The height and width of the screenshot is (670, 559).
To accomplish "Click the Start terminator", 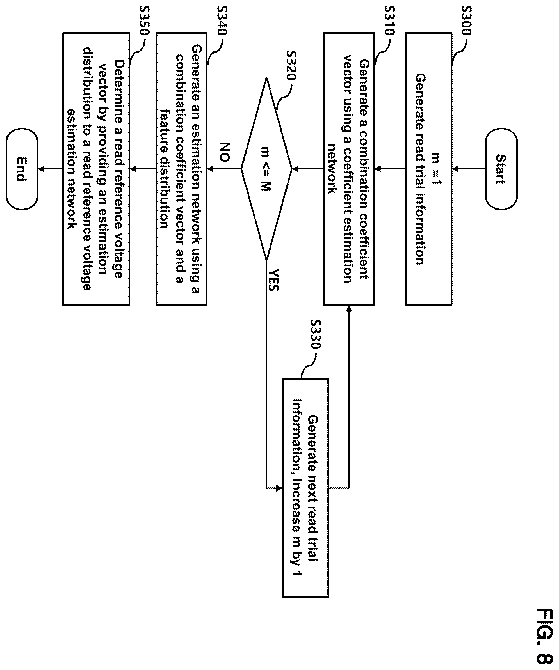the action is tap(501, 169).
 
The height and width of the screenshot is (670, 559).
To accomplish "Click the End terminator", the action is tap(22, 169).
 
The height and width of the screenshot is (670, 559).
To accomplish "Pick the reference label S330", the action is tap(315, 335).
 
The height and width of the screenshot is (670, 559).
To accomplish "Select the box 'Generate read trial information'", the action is tap(429, 169).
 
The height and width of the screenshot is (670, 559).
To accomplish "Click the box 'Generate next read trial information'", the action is tap(305, 488).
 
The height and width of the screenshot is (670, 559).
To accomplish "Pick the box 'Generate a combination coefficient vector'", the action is tap(349, 169).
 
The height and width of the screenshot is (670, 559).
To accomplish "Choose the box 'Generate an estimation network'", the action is tap(181, 169).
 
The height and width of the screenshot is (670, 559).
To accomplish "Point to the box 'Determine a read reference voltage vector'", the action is tap(96, 169).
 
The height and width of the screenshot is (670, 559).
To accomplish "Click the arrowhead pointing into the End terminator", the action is tap(41, 169).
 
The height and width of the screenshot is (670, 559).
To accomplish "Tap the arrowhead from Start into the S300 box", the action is tap(455, 169).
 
